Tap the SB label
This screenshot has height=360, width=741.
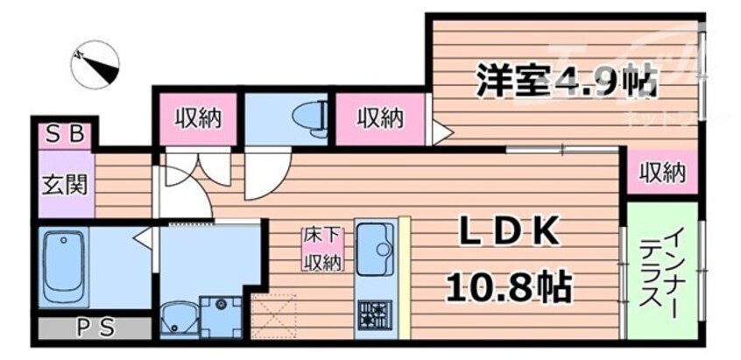pyautogui.click(x=66, y=134)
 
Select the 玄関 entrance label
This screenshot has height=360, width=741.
pyautogui.click(x=66, y=186)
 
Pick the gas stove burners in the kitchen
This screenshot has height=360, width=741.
pyautogui.click(x=377, y=313)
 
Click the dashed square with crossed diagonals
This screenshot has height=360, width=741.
pyautogui.click(x=274, y=316)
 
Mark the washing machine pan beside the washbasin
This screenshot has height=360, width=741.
pyautogui.click(x=219, y=315)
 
